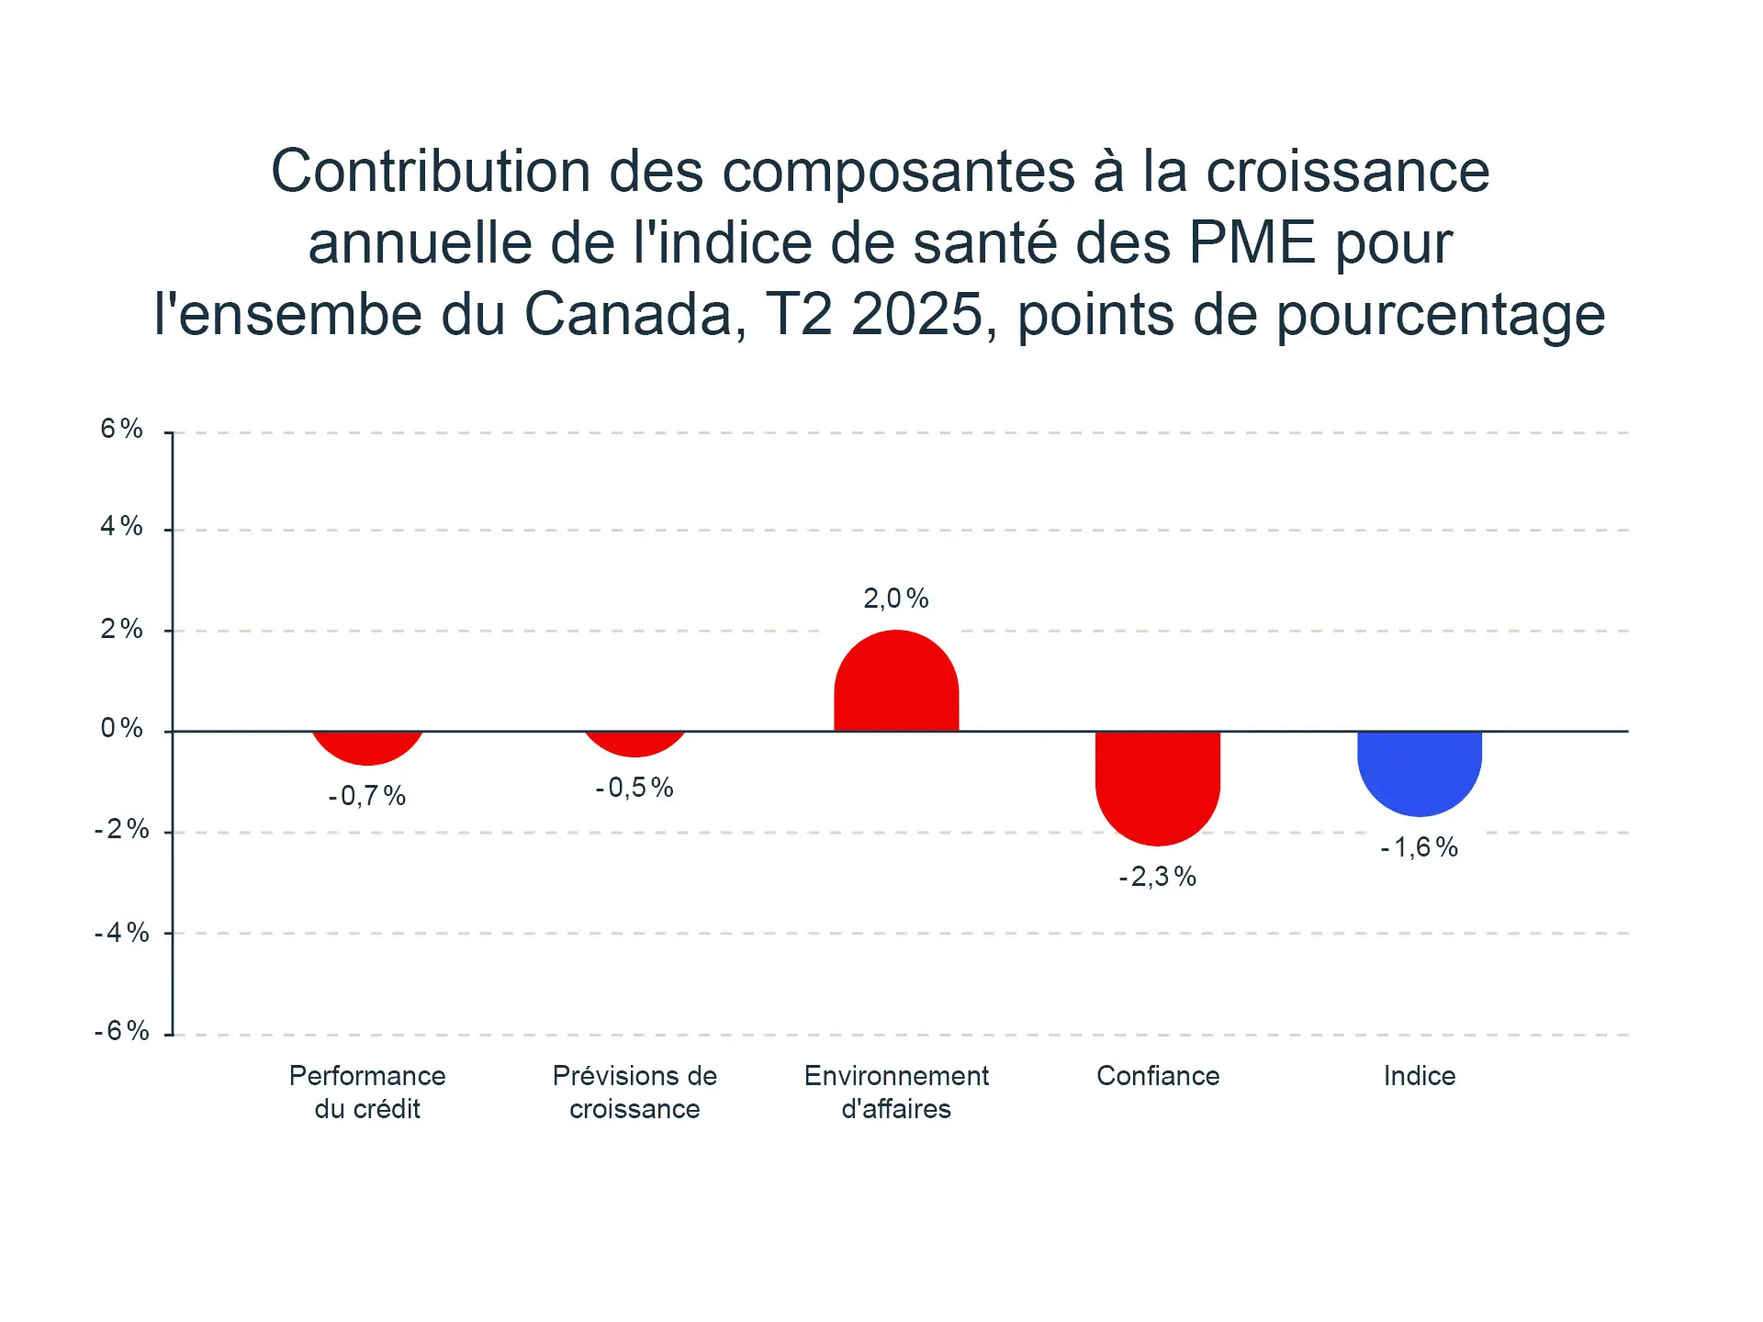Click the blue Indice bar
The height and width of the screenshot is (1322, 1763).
(1419, 771)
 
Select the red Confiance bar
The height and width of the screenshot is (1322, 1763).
(1157, 785)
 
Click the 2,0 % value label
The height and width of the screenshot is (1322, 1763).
(895, 599)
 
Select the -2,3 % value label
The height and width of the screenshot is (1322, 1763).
(1157, 877)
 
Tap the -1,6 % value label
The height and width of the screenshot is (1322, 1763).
(1419, 846)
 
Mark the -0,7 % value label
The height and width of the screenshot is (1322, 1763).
(367, 795)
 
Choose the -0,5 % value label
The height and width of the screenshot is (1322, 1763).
(634, 787)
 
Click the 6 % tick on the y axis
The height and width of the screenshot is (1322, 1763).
(121, 429)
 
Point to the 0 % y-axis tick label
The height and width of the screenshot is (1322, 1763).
(121, 728)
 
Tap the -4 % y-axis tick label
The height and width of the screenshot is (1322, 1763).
(121, 933)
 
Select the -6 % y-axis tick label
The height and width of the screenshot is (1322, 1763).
(121, 1030)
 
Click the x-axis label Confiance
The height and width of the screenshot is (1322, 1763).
(1157, 1075)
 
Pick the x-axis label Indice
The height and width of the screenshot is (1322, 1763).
(1419, 1075)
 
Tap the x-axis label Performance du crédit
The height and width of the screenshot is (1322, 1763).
(367, 1092)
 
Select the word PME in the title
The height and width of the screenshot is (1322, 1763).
(1252, 242)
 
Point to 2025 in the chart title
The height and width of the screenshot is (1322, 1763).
(917, 314)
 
